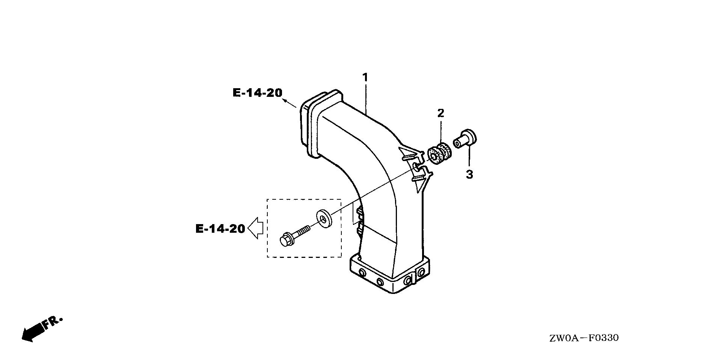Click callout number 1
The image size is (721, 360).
pos(365,78)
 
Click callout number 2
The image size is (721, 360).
pos(440,113)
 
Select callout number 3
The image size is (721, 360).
pos(469,175)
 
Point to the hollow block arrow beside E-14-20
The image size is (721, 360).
pos(255,228)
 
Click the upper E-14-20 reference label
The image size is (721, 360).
pos(257,93)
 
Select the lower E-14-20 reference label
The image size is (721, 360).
pos(220,229)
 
